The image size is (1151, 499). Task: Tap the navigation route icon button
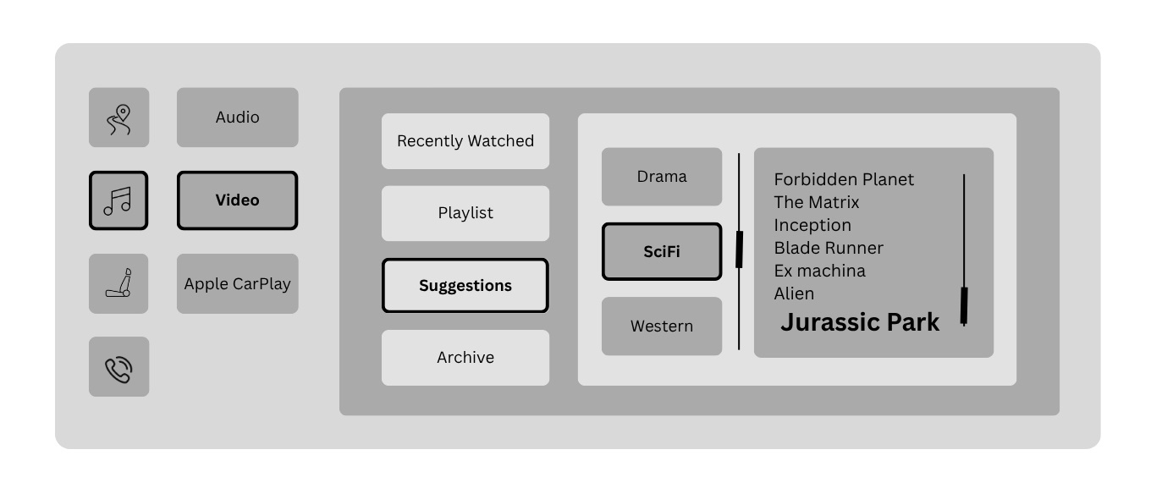pos(118,118)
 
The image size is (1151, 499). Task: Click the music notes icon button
pos(118,200)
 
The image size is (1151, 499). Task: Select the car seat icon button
pos(118,283)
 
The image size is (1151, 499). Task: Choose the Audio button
pos(237,118)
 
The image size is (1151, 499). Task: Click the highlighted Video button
pos(237,200)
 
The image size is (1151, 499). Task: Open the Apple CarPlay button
pos(237,283)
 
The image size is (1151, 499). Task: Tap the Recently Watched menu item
pos(465,141)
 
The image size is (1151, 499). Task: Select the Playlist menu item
pos(465,213)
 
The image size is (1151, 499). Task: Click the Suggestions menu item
pos(465,286)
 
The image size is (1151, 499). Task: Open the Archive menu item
pos(465,358)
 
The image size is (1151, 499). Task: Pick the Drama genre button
pos(662,177)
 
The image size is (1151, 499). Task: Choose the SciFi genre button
pos(662,251)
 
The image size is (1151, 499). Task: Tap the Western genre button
pos(662,326)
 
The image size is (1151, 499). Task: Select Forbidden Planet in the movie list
pos(844,179)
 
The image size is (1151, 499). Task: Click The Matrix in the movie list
pos(816,202)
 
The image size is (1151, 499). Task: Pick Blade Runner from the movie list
pos(829,248)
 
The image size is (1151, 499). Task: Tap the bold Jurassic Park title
pos(860,322)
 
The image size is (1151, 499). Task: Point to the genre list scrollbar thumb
pos(739,249)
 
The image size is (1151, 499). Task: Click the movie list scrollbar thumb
pos(964,305)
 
